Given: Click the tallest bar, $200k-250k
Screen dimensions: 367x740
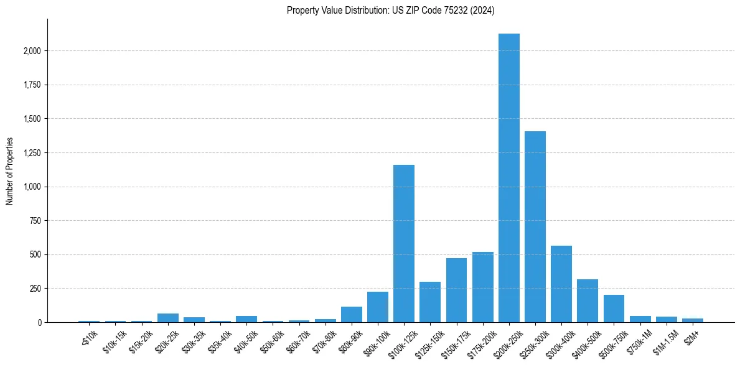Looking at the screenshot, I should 508,178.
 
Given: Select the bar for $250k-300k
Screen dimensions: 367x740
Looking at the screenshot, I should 535,226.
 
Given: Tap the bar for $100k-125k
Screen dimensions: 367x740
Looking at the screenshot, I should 404,243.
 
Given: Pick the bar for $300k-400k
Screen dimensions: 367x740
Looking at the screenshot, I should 561,284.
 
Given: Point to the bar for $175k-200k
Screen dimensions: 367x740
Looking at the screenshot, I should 482,287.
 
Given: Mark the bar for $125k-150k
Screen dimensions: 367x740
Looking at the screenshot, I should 430,302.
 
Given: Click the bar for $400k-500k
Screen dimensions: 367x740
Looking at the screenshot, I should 588,300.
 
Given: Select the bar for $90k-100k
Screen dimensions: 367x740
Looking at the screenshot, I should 378,307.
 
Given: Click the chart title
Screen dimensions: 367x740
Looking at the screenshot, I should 390,11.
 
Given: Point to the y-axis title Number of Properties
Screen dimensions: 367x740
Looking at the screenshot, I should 10,170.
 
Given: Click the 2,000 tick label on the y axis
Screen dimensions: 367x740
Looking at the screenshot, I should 32,51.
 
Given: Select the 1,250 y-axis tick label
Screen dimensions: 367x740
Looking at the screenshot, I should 32,153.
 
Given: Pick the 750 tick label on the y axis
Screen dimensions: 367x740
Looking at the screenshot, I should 35,221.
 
